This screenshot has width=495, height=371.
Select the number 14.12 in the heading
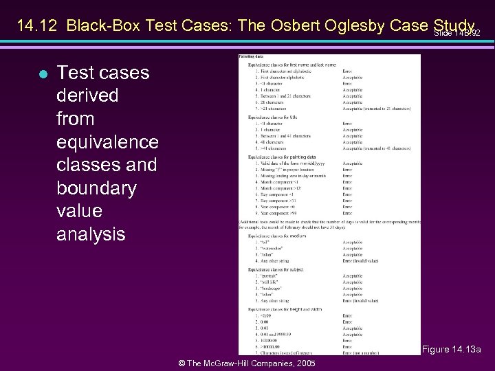coord(36,26)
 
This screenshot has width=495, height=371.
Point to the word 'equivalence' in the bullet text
coord(107,142)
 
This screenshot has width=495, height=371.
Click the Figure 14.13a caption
coord(452,350)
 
